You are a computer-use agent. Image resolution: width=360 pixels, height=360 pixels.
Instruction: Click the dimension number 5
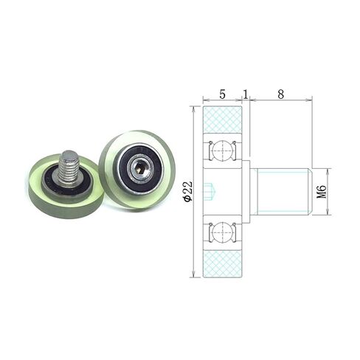click(222, 94)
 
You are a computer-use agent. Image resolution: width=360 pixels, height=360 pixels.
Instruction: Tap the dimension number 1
click(246, 94)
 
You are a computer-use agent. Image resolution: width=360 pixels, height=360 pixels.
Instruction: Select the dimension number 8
click(280, 94)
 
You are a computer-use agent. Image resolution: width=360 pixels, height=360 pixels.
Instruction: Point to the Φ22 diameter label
click(188, 192)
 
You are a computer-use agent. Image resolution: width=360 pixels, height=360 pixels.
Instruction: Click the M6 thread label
click(322, 192)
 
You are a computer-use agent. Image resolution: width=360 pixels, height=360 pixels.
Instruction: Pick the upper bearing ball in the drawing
click(223, 150)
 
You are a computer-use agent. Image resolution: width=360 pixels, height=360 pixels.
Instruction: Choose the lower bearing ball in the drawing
click(223, 232)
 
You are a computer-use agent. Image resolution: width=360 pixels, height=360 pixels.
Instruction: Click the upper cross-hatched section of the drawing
click(223, 120)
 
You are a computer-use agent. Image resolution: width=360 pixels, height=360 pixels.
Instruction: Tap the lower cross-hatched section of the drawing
click(223, 263)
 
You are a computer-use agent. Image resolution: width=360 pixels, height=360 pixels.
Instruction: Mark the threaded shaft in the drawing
click(281, 192)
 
